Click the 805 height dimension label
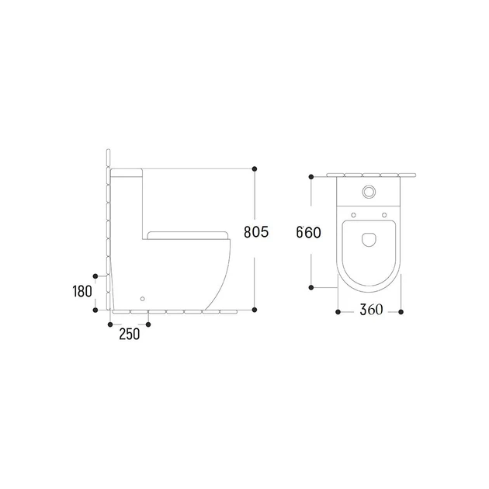pyautogui.click(x=256, y=232)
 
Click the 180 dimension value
pyautogui.click(x=82, y=291)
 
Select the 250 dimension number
pyautogui.click(x=130, y=334)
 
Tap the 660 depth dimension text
pyautogui.click(x=308, y=232)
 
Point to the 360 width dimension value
pyautogui.click(x=371, y=310)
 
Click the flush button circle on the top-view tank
pyautogui.click(x=369, y=192)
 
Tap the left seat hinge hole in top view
pyautogui.click(x=354, y=215)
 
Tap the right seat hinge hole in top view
pyautogui.click(x=384, y=215)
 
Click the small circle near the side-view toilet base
pyautogui.click(x=143, y=299)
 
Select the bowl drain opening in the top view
pyautogui.click(x=369, y=240)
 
